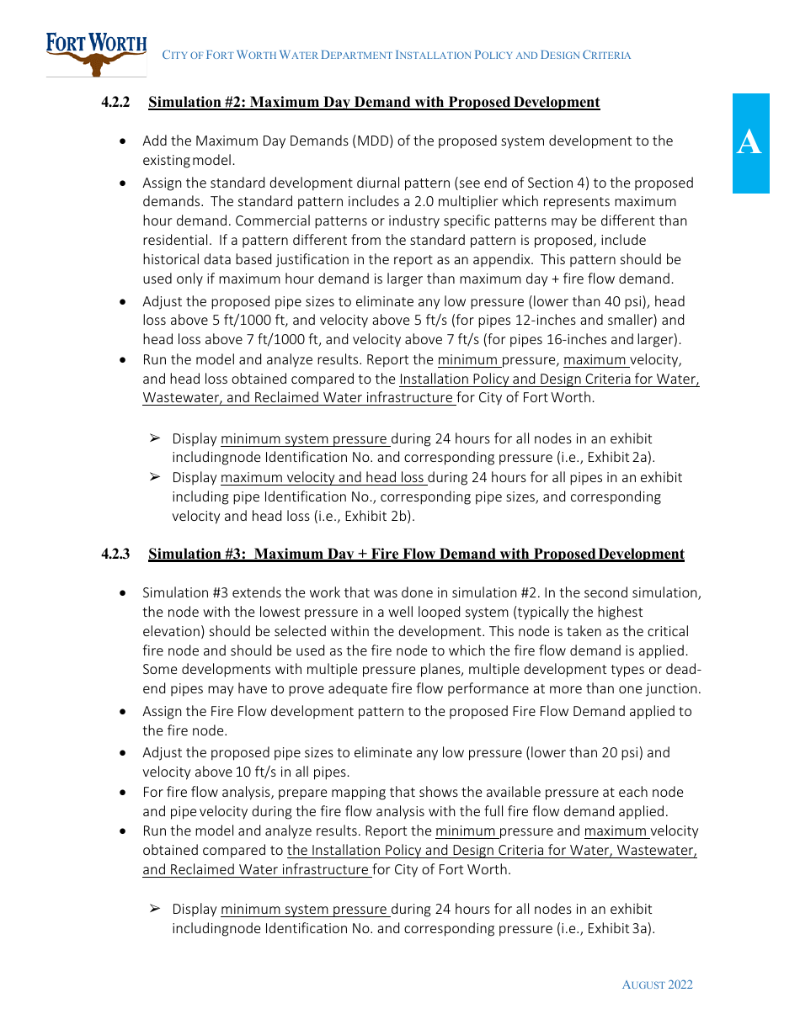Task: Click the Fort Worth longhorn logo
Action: pos(96,54)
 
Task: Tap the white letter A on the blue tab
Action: pos(749,143)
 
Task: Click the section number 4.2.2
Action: pos(115,103)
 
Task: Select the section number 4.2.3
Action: pos(115,554)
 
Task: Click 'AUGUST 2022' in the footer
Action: pos(657,985)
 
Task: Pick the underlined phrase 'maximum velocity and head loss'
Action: pos(323,477)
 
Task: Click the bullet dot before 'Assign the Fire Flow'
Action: pos(124,712)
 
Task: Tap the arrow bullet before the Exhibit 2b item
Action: pos(155,477)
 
